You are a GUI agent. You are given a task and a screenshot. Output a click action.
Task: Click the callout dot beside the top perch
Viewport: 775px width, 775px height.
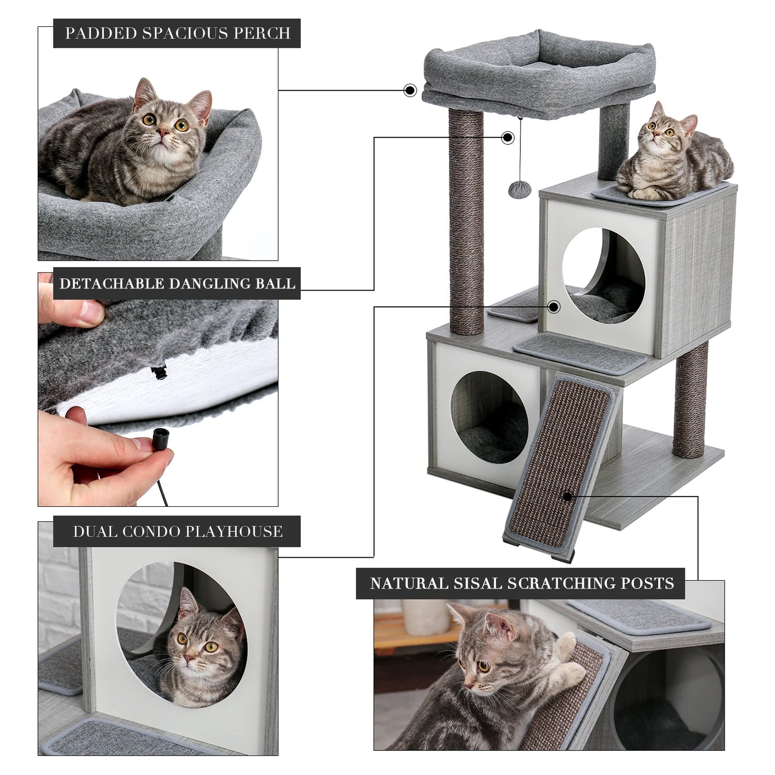pos(410,90)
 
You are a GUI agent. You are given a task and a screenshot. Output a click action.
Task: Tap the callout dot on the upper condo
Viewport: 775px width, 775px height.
pos(554,307)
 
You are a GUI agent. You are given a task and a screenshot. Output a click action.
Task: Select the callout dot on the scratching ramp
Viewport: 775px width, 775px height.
pos(567,496)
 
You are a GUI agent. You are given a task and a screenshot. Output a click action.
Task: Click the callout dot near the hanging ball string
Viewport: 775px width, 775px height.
pos(507,138)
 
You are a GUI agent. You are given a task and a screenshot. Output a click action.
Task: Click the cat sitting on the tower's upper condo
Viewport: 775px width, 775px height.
pos(670,156)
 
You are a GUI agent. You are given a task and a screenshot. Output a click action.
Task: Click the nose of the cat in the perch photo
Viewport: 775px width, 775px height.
pos(163,132)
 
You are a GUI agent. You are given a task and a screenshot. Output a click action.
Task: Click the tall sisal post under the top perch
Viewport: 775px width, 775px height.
pos(466,220)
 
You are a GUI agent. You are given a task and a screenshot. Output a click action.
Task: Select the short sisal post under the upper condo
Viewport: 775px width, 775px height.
pos(691,400)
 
